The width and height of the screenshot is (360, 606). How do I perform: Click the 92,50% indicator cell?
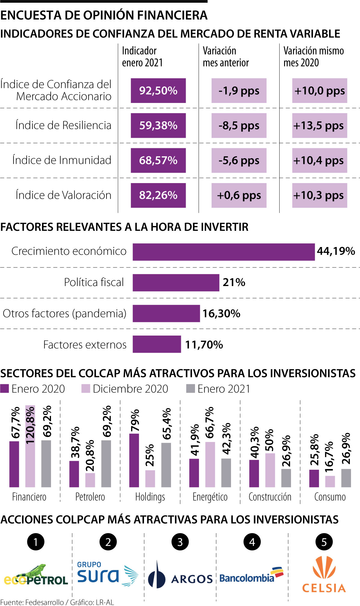pyautogui.click(x=158, y=91)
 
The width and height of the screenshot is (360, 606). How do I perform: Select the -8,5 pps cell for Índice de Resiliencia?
pyautogui.click(x=239, y=125)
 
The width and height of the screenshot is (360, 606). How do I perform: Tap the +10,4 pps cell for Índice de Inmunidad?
pyautogui.click(x=319, y=160)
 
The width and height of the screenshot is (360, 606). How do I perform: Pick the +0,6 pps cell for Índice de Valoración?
pyautogui.click(x=239, y=195)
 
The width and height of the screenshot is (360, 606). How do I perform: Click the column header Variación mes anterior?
pyautogui.click(x=226, y=57)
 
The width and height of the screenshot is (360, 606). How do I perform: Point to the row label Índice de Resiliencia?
pyautogui.click(x=63, y=125)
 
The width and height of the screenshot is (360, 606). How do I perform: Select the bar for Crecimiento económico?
pyautogui.click(x=223, y=252)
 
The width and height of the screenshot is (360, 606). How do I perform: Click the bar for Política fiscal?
pyautogui.click(x=176, y=282)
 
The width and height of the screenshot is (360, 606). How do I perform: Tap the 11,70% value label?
pyautogui.click(x=204, y=345)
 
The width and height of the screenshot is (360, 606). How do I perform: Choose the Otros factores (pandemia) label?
pyautogui.click(x=64, y=313)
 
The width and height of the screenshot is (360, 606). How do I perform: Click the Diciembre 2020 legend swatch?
pyautogui.click(x=86, y=389)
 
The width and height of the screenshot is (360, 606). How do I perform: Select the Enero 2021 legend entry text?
pyautogui.click(x=224, y=389)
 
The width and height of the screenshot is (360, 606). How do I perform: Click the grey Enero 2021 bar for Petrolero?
pyautogui.click(x=106, y=463)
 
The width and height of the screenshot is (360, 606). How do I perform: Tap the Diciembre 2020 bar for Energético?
pyautogui.click(x=210, y=464)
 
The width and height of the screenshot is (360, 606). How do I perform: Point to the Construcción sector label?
pyautogui.click(x=270, y=497)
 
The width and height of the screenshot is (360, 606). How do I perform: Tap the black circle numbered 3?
pyautogui.click(x=180, y=542)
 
